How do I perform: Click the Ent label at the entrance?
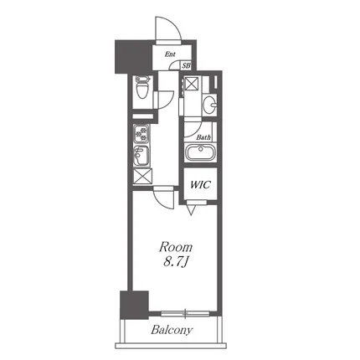click(x=170, y=54)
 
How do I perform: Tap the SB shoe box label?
click(x=187, y=66)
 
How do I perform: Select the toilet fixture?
click(x=142, y=88)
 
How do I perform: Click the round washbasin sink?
click(x=209, y=105)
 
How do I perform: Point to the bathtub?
click(x=200, y=152)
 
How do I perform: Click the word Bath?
click(x=203, y=137)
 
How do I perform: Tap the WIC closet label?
click(x=200, y=185)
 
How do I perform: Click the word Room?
click(x=176, y=247)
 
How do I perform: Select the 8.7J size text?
click(x=175, y=263)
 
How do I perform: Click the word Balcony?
click(x=172, y=330)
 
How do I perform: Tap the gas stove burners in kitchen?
click(x=141, y=133)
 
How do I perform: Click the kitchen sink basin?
click(x=141, y=156)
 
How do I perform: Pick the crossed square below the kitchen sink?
click(x=142, y=177)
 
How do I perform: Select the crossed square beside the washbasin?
click(x=193, y=83)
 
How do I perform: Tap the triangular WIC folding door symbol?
click(x=192, y=209)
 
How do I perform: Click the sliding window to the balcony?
click(x=185, y=314)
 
